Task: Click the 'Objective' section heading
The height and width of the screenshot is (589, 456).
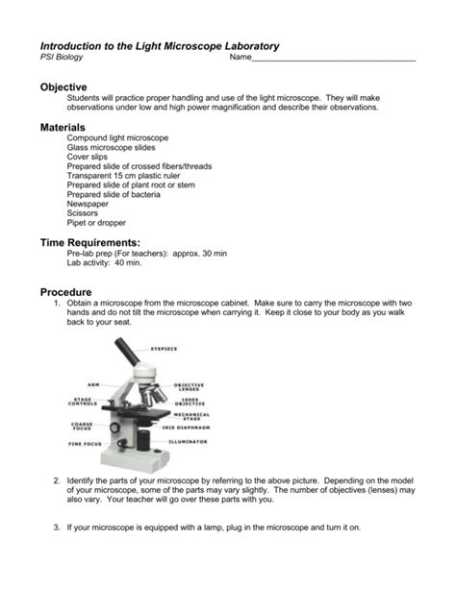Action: pos(63,86)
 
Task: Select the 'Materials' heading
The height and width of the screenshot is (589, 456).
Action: pos(63,127)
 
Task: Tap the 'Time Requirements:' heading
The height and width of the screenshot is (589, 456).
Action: pos(89,244)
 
